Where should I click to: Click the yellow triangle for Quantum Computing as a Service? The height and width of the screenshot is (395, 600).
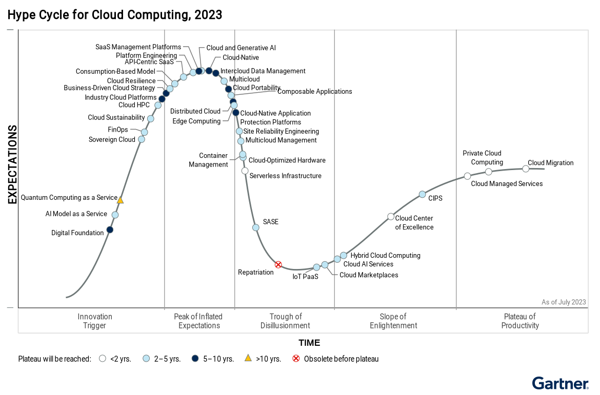pos(120,200)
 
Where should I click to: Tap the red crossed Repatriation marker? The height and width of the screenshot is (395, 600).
pos(278,265)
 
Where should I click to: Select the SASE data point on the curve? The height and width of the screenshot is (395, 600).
pos(256,227)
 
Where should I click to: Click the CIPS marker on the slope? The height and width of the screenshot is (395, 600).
pos(422,194)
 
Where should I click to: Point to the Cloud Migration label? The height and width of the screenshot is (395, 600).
pos(550,163)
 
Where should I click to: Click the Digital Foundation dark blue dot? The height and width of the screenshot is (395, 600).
pos(110,230)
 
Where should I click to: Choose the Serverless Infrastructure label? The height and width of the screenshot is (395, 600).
pos(285,176)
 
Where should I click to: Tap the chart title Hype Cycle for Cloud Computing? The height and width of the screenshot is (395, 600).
pos(115,15)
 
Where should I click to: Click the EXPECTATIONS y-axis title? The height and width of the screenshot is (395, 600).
pos(12,164)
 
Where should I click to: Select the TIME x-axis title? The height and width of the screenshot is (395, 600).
pos(309,343)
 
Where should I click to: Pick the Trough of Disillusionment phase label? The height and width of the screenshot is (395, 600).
pos(285,321)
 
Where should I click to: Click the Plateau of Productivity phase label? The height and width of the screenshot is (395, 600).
pos(520,321)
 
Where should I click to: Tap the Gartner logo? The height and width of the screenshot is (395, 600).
pos(560,383)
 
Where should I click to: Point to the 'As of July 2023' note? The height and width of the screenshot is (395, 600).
pos(564,302)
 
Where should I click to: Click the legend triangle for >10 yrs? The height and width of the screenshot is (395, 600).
pos(248,359)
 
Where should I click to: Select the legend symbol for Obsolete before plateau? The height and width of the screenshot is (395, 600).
pos(296,359)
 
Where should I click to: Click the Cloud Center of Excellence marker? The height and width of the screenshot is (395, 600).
pos(391,216)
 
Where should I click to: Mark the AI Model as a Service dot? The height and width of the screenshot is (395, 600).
pos(115,215)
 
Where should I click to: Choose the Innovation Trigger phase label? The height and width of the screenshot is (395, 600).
pos(95,321)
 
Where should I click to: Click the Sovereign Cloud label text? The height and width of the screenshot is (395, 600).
pos(112,139)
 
